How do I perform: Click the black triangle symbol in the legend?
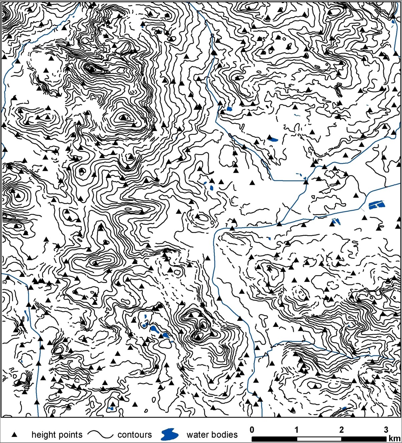pyautogui.click(x=14, y=435)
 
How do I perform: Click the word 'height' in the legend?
pyautogui.click(x=43, y=435)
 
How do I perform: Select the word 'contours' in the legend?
pyautogui.click(x=134, y=435)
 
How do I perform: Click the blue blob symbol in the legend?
pyautogui.click(x=169, y=434)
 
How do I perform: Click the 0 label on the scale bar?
pyautogui.click(x=252, y=429)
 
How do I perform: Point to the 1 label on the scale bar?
pyautogui.click(x=296, y=429)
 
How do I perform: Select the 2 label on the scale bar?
pyautogui.click(x=341, y=429)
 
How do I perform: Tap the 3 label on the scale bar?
pyautogui.click(x=386, y=429)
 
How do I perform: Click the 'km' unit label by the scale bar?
pyautogui.click(x=394, y=438)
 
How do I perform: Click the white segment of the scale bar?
pyautogui.click(x=319, y=438)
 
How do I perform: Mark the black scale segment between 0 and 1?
pyautogui.click(x=274, y=438)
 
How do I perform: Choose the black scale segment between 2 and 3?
pyautogui.click(x=364, y=438)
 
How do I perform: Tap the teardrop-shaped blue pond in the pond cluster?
pyautogui.click(x=155, y=330)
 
